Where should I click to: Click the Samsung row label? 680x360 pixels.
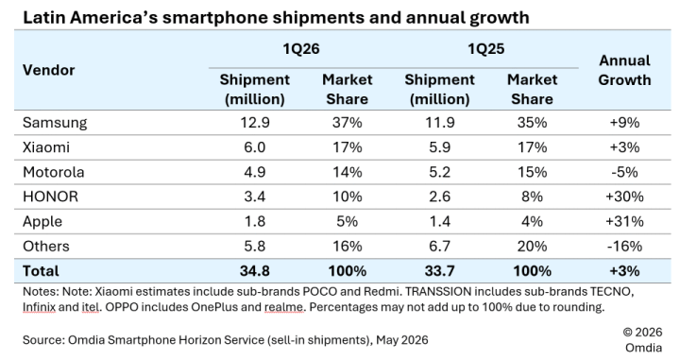point(55,123)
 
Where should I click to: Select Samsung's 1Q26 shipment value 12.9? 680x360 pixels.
point(255,123)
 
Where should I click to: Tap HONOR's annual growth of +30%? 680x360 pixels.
point(624,197)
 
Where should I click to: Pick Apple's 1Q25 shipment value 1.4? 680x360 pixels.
point(440,222)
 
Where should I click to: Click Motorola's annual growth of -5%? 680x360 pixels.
point(624,172)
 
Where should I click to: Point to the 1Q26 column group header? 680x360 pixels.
point(301,48)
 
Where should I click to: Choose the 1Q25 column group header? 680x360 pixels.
point(485,48)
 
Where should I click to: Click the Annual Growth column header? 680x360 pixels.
point(624,70)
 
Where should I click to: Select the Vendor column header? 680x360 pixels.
point(48,70)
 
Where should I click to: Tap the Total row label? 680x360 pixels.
point(41,271)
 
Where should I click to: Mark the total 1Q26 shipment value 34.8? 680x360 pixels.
point(255,271)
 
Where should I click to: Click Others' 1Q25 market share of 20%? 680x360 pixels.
point(532,247)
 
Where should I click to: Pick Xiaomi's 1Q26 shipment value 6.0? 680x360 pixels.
point(255,147)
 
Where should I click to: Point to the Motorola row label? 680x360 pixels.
point(53,172)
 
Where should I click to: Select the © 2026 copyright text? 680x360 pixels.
point(643,333)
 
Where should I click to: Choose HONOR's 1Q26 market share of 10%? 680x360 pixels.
point(347,197)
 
